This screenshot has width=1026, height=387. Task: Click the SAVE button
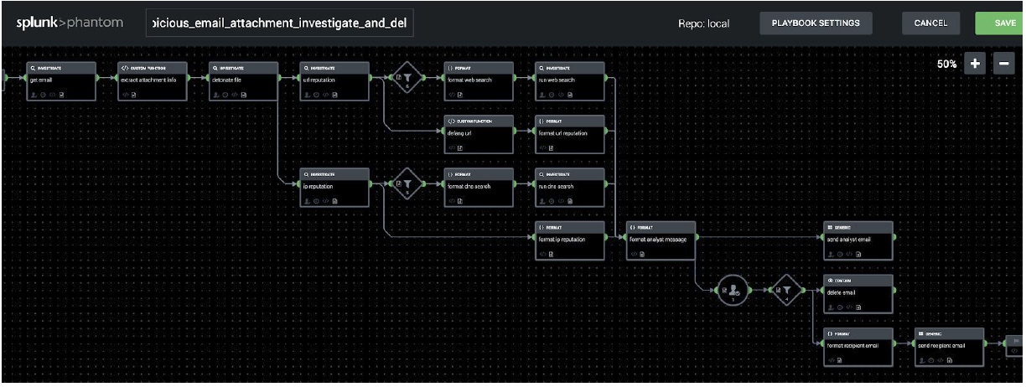click(1004, 23)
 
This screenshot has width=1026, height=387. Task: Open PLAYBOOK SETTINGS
click(816, 23)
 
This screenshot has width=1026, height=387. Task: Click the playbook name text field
click(279, 23)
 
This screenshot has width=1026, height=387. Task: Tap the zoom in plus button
click(975, 64)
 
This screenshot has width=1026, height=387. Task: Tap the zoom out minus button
click(1003, 64)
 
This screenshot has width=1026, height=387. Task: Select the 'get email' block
click(60, 80)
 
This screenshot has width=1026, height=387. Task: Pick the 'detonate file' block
click(242, 80)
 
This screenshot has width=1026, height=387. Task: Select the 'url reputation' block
click(334, 80)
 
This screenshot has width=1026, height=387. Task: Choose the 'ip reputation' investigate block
click(334, 187)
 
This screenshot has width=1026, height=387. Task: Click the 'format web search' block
click(478, 80)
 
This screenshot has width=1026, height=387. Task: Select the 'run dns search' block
click(570, 187)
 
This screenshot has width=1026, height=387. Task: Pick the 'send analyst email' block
click(858, 240)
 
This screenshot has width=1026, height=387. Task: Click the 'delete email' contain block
click(858, 292)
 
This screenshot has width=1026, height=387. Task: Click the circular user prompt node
click(733, 291)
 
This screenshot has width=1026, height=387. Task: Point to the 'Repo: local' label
click(703, 23)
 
